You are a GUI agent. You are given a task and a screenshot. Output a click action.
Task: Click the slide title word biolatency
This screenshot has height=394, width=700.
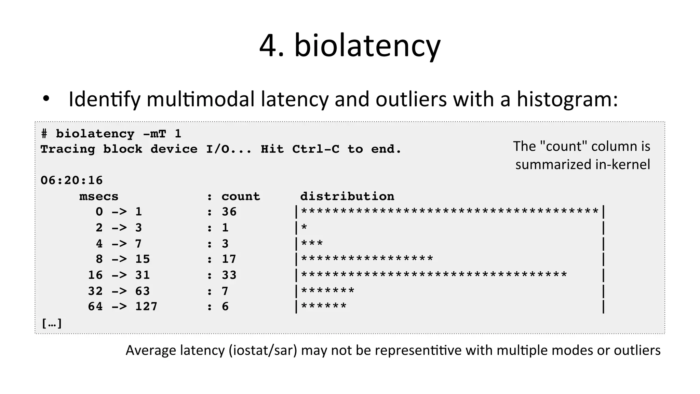point(367,46)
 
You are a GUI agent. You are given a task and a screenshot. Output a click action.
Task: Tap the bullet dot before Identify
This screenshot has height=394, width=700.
point(46,99)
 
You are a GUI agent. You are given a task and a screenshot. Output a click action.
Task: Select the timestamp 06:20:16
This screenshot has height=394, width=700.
point(71,180)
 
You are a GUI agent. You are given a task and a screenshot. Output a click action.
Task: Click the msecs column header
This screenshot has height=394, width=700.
point(99,196)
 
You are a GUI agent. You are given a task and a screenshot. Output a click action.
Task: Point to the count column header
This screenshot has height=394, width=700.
point(241,196)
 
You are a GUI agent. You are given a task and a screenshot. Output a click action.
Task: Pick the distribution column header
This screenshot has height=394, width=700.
point(347,196)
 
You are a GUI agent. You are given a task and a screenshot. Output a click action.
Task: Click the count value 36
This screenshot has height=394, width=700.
point(229,212)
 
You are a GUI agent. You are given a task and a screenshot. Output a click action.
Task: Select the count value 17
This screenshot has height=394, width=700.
point(229,259)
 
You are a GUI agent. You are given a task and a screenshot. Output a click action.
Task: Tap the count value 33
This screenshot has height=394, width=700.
point(229,275)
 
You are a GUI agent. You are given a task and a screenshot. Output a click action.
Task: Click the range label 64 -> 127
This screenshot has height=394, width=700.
point(122,307)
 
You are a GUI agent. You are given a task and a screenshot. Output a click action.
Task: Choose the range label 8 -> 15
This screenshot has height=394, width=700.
point(123,259)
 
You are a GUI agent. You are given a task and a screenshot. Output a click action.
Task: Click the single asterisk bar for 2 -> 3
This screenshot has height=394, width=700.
point(304,228)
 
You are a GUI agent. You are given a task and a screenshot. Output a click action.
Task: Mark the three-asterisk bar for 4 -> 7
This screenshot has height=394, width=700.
point(312,244)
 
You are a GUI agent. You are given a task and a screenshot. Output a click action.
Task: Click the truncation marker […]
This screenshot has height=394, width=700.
point(52,323)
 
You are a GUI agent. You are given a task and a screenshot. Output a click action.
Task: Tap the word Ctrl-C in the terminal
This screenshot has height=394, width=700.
point(316,149)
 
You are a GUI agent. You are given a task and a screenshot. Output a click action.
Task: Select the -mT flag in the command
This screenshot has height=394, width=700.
point(154,134)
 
